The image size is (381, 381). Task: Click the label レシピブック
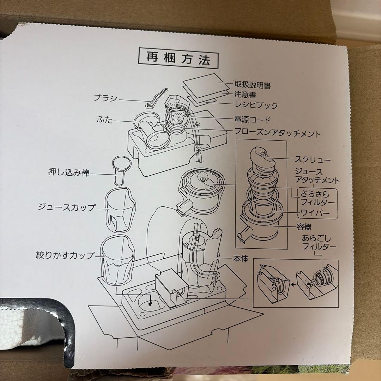coord(256,105)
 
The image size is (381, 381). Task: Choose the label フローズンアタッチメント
coord(278,134)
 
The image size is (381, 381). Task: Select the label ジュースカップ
coord(67,207)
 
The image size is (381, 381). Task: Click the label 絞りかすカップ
coord(65,255)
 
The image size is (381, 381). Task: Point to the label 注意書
coord(245,95)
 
